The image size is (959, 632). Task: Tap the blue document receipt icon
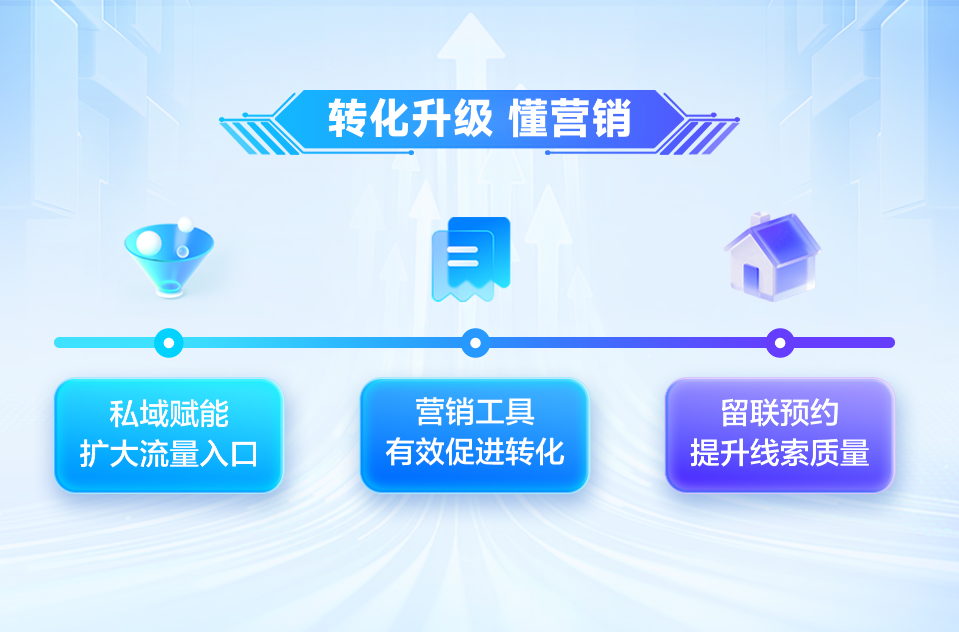pyautogui.click(x=471, y=259)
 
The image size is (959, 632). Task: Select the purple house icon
pyautogui.click(x=772, y=257)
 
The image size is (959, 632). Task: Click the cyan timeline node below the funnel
pyautogui.click(x=169, y=343)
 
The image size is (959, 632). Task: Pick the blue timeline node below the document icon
pyautogui.click(x=475, y=343)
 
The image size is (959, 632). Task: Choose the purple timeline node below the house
pyautogui.click(x=780, y=343)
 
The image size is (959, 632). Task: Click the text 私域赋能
pyautogui.click(x=169, y=414)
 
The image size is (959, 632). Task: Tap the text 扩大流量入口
pyautogui.click(x=169, y=454)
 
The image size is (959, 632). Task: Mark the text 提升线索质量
pyautogui.click(x=779, y=453)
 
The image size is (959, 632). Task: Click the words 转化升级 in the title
pyautogui.click(x=410, y=119)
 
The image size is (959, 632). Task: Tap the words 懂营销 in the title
pyautogui.click(x=569, y=119)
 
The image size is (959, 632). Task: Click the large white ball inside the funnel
pyautogui.click(x=149, y=242)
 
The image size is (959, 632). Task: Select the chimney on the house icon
pyautogui.click(x=760, y=218)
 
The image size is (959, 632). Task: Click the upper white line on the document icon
pyautogui.click(x=463, y=250)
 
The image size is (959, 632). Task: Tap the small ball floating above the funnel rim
pyautogui.click(x=185, y=224)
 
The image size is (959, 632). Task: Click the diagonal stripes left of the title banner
pyautogui.click(x=255, y=137)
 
